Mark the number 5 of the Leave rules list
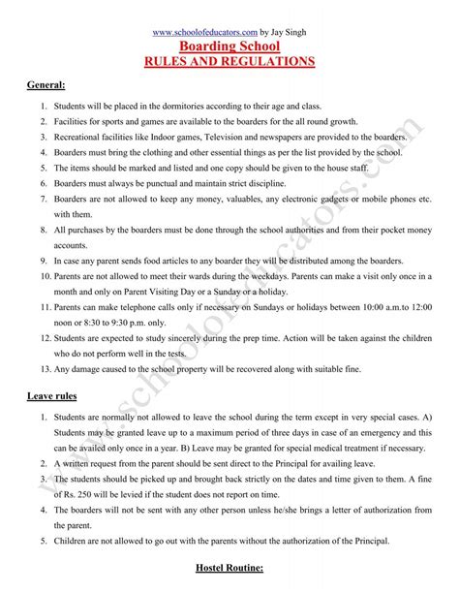click(46, 540)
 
